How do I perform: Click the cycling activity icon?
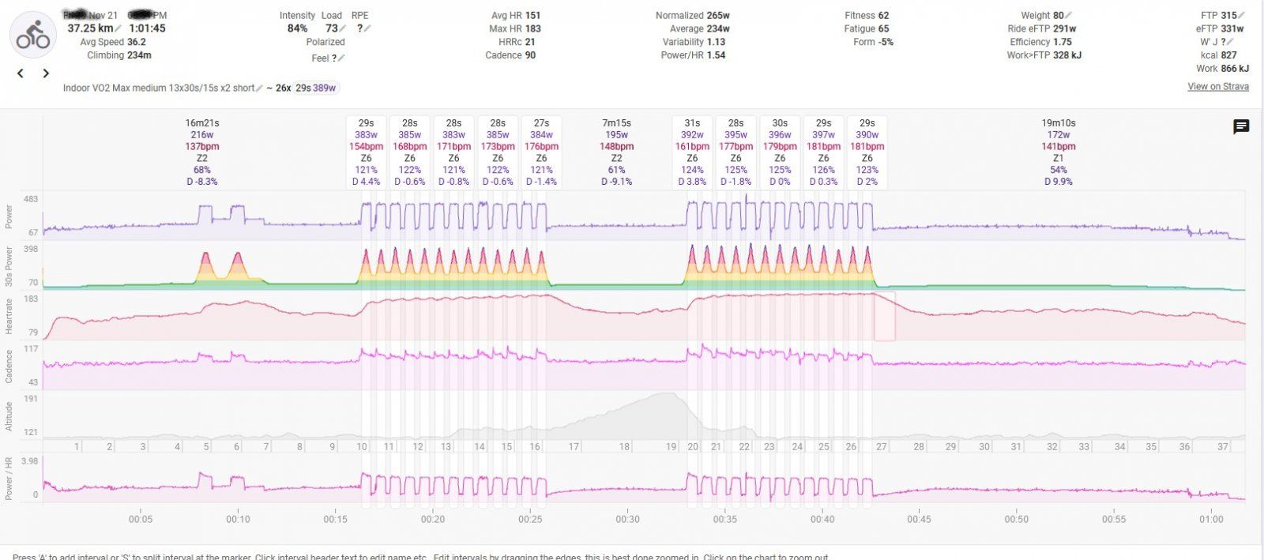33,35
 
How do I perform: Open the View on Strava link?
1217,86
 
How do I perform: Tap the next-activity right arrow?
46,73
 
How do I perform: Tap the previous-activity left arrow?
21,73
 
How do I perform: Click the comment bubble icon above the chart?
1241,126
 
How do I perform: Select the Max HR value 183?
532,28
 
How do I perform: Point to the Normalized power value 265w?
718,15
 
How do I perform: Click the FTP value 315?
1228,15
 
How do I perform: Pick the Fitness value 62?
883,15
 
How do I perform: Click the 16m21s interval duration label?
202,123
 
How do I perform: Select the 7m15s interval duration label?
616,123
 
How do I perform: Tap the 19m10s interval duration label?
1059,123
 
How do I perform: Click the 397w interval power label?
823,135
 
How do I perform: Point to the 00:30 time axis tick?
628,519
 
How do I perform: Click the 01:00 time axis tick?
1211,519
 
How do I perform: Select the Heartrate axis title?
9,316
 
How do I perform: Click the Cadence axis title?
9,366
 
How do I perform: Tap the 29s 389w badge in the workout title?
315,88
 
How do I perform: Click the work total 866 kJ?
1234,69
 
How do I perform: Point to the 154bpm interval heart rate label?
366,146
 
